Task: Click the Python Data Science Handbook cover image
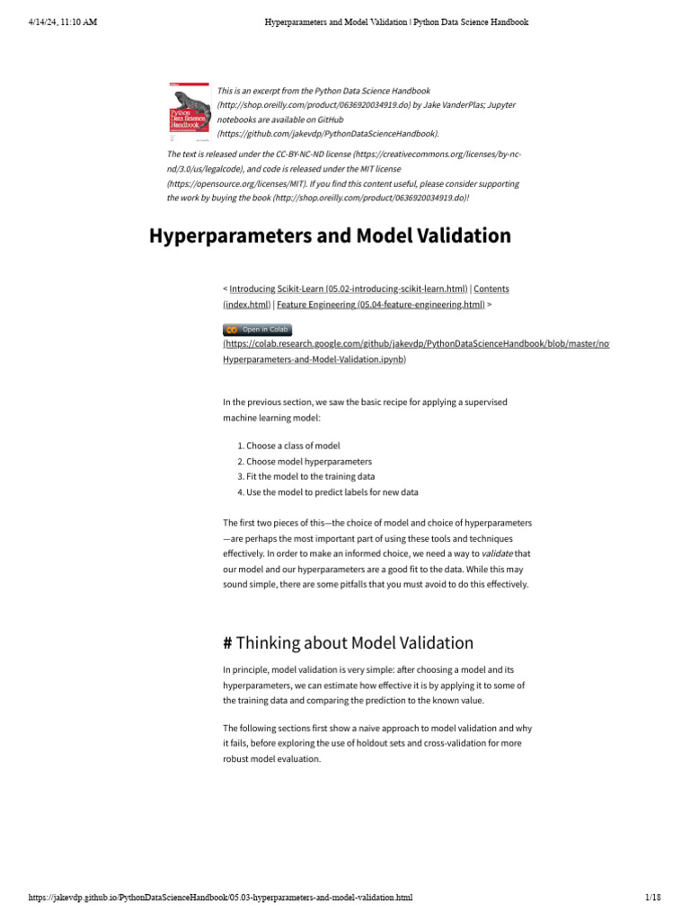click(190, 112)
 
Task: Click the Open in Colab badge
click(257, 330)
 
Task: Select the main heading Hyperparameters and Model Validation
click(330, 235)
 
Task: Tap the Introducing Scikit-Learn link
click(349, 288)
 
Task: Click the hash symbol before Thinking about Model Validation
click(227, 642)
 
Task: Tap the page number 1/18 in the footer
click(652, 898)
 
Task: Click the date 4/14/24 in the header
click(45, 22)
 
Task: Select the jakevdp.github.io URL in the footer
click(221, 898)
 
